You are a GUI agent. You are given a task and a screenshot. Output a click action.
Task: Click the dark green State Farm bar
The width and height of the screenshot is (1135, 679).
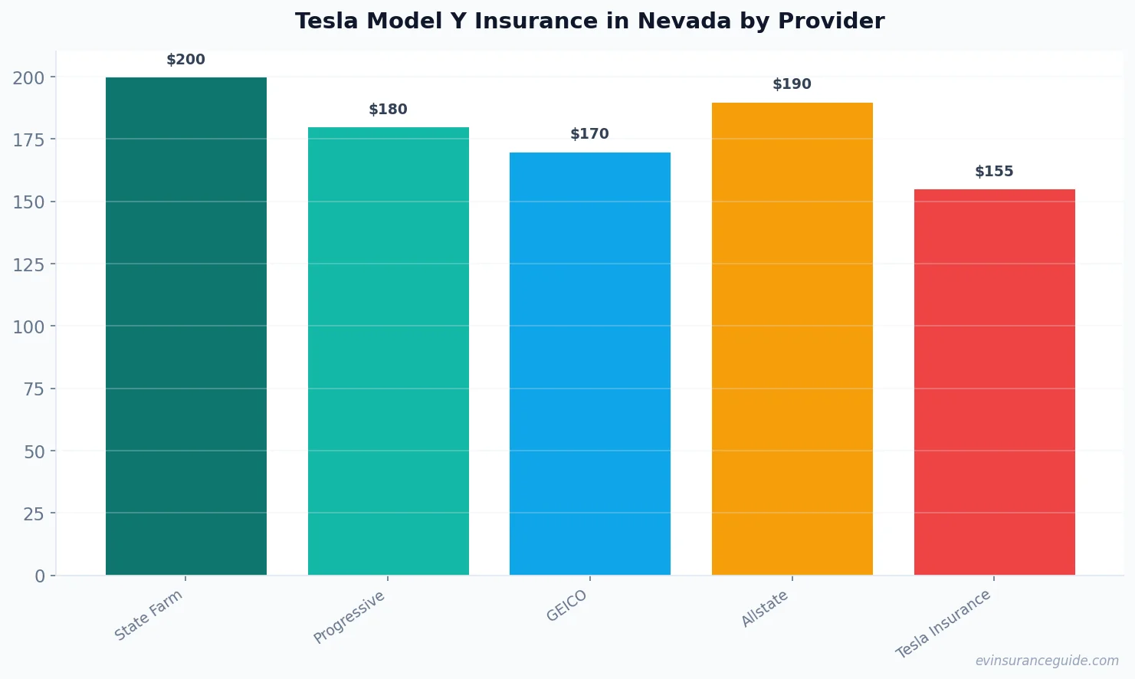coord(186,326)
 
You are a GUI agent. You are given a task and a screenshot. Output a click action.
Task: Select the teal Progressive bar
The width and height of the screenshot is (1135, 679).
coord(388,351)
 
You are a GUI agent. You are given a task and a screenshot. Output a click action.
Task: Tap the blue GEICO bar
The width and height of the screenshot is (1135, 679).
coord(589,363)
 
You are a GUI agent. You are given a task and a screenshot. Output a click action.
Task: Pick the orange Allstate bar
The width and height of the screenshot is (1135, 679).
coord(792,339)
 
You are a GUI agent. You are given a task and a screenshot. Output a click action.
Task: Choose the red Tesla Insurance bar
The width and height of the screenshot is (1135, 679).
coord(994,382)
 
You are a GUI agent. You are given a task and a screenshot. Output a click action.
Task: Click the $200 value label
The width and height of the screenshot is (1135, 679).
coord(186,60)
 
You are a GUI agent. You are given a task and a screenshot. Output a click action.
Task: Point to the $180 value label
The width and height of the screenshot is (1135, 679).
coord(388,110)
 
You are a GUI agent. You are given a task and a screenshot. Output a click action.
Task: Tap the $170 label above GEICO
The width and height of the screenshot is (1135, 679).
coord(589,134)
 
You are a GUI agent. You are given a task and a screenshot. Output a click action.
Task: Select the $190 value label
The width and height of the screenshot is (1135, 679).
coord(792,84)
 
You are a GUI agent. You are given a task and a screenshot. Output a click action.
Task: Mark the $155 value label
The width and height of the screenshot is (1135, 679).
coord(994,172)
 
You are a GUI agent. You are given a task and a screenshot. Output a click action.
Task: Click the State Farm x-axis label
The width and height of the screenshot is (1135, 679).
coord(149,615)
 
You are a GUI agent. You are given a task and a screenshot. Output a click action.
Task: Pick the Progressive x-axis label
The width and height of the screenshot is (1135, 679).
coord(349,618)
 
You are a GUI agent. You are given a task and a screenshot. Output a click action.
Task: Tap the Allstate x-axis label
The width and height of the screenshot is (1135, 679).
coord(765,609)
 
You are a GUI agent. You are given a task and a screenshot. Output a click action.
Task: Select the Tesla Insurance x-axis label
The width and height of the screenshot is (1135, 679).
coord(943,624)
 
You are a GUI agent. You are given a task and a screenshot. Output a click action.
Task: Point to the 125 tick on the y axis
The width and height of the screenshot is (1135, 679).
coord(28,264)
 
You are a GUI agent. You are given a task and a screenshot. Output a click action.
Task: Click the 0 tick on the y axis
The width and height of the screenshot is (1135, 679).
coord(40,576)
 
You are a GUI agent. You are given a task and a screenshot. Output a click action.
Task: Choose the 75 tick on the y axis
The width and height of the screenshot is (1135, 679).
coord(34,389)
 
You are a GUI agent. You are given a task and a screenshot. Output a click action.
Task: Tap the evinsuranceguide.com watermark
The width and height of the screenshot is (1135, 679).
coord(1047,661)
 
